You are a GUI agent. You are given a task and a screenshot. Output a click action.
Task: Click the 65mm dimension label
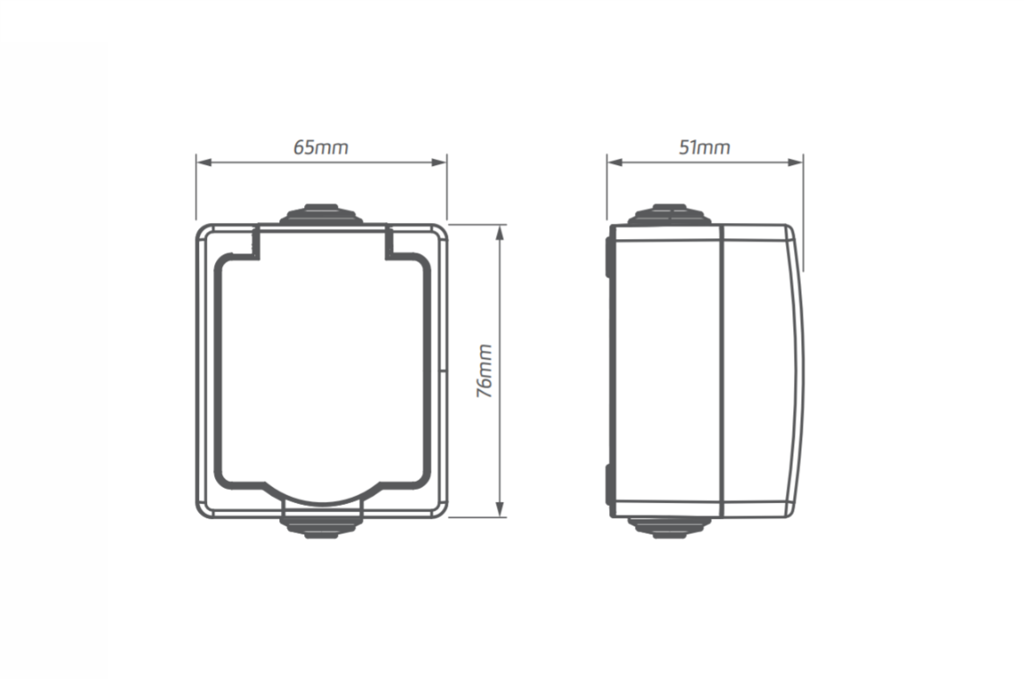pyautogui.click(x=320, y=147)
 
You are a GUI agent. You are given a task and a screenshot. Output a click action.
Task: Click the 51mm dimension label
pyautogui.click(x=704, y=147)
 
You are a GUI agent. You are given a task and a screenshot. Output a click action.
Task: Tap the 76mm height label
pyautogui.click(x=484, y=370)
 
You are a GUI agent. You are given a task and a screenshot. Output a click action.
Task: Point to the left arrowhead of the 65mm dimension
pyautogui.click(x=203, y=162)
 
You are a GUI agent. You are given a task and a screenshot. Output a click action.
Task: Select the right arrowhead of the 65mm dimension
pyautogui.click(x=440, y=162)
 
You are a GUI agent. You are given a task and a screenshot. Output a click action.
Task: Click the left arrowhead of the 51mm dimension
pyautogui.click(x=614, y=162)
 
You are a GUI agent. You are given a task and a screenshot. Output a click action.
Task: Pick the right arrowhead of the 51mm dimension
pyautogui.click(x=796, y=162)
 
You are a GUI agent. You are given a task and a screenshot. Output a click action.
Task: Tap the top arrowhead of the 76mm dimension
pyautogui.click(x=500, y=233)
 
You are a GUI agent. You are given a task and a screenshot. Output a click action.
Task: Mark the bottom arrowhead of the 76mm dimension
pyautogui.click(x=500, y=509)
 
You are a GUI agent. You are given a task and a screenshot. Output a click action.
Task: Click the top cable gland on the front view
pyautogui.click(x=321, y=215)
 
